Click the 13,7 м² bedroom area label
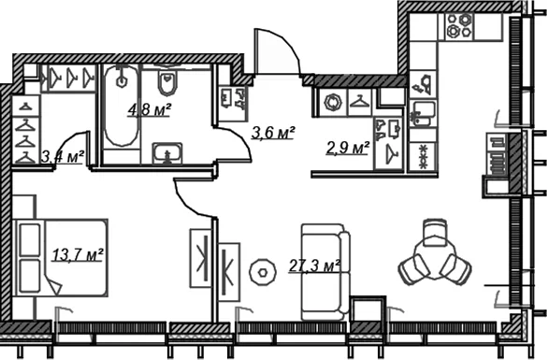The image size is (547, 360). [x=78, y=254]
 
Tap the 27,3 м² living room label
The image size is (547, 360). [x=315, y=266]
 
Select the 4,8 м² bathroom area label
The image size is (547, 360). [x=150, y=110]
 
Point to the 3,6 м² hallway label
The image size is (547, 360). [x=273, y=133]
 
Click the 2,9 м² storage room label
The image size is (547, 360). [x=348, y=149]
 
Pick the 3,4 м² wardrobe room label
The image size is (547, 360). [x=63, y=157]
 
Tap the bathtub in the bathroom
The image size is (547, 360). [x=121, y=107]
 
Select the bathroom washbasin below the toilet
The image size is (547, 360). [x=167, y=153]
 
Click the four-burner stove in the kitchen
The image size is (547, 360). [x=459, y=26]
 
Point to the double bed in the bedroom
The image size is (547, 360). [x=60, y=258]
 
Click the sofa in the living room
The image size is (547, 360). [x=325, y=272]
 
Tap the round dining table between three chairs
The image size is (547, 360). [x=435, y=260]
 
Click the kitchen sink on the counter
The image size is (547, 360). [x=423, y=113]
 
